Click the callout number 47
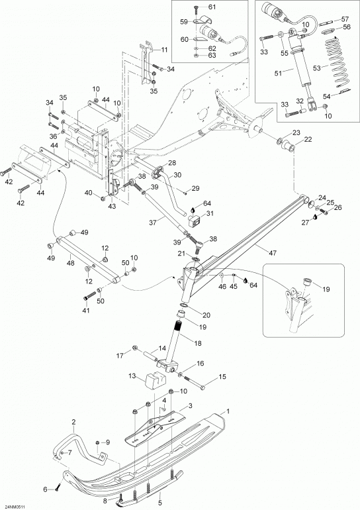pyautogui.click(x=273, y=252)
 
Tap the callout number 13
pyautogui.click(x=132, y=376)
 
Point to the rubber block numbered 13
pyautogui.click(x=155, y=382)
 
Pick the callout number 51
pyautogui.click(x=278, y=74)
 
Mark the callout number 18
pyautogui.click(x=197, y=343)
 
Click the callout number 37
pyautogui.click(x=152, y=222)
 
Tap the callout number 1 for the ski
pyautogui.click(x=228, y=411)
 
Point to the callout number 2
pyautogui.click(x=73, y=422)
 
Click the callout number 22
pyautogui.click(x=308, y=140)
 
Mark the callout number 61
pyautogui.click(x=212, y=7)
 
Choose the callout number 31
pyautogui.click(x=210, y=214)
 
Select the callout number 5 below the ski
pyautogui.click(x=160, y=503)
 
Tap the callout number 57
pyautogui.click(x=345, y=19)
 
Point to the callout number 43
pyautogui.click(x=112, y=206)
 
